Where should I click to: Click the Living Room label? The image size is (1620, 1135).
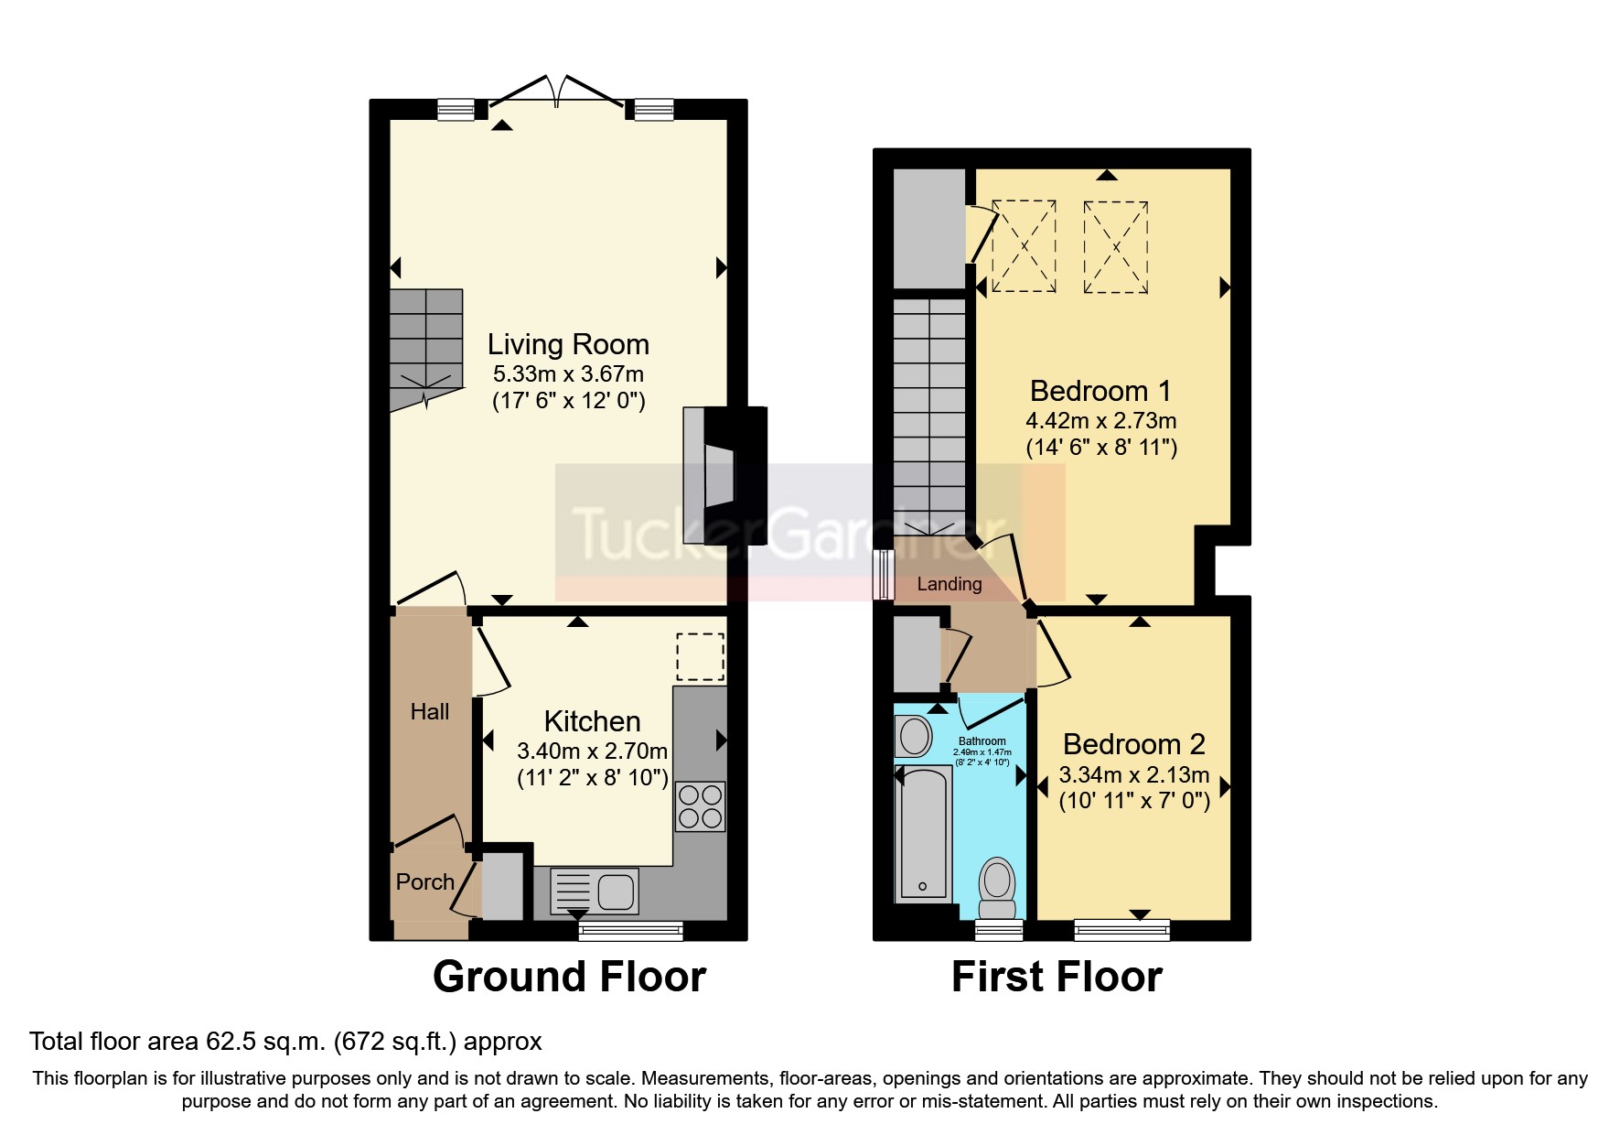click(568, 344)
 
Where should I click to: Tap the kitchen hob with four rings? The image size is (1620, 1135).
click(701, 806)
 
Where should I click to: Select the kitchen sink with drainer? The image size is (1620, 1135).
click(595, 891)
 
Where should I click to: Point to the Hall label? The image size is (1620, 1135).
click(430, 712)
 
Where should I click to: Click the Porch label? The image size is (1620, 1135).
click(425, 882)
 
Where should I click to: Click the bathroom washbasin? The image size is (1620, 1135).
click(913, 736)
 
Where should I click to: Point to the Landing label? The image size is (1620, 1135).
click(949, 584)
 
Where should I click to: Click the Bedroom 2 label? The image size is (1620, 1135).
click(1134, 744)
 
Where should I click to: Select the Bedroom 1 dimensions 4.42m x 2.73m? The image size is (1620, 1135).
click(1101, 421)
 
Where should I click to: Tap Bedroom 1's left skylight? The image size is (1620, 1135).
click(1024, 246)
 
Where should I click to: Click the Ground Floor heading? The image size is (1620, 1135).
click(569, 977)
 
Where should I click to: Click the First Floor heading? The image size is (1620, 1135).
click(1057, 977)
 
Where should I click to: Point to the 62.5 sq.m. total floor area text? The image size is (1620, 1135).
click(285, 1042)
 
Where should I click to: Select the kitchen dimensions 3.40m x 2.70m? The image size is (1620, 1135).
click(592, 751)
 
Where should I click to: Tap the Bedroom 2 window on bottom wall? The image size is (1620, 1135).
click(1121, 930)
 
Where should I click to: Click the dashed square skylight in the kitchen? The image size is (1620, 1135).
click(700, 657)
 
